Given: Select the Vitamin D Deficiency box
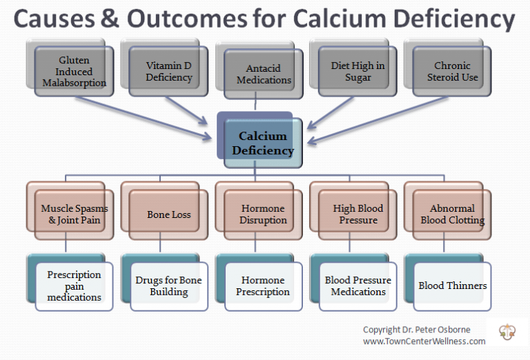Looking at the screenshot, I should tap(168, 72).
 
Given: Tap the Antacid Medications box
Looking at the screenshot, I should tap(264, 74).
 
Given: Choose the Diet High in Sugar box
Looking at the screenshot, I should tap(357, 72).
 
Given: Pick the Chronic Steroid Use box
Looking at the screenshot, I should tap(452, 72).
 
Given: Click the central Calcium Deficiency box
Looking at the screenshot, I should tap(263, 143).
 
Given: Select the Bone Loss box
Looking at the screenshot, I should tap(169, 214).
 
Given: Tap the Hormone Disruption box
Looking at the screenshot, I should tap(264, 214).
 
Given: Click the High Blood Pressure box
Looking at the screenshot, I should tap(358, 214).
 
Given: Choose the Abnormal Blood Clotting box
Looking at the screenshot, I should tap(453, 214).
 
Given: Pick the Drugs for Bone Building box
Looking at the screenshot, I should tap(169, 286).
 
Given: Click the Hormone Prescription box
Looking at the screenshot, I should tap(264, 286).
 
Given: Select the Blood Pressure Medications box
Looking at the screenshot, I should tap(358, 286).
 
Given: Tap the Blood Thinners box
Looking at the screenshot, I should tap(453, 286).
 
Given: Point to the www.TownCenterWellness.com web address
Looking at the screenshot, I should tap(424, 341).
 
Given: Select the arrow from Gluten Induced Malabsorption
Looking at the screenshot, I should tap(145, 117).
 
